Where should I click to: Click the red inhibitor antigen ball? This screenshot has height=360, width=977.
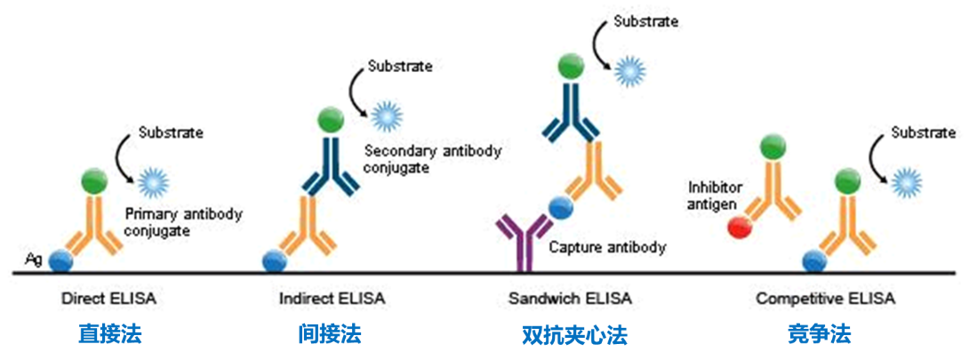737,228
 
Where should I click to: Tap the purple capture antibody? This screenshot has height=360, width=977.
522,240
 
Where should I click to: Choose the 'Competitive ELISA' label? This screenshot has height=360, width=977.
826,300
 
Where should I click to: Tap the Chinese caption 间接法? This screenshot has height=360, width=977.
330,335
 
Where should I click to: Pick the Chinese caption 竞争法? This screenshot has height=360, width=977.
819,335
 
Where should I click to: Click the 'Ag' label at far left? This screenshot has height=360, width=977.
34,259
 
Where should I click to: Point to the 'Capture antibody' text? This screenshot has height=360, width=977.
607,247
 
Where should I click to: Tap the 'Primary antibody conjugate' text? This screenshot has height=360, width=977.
184,221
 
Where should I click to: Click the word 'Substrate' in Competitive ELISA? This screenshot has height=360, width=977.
924,133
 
